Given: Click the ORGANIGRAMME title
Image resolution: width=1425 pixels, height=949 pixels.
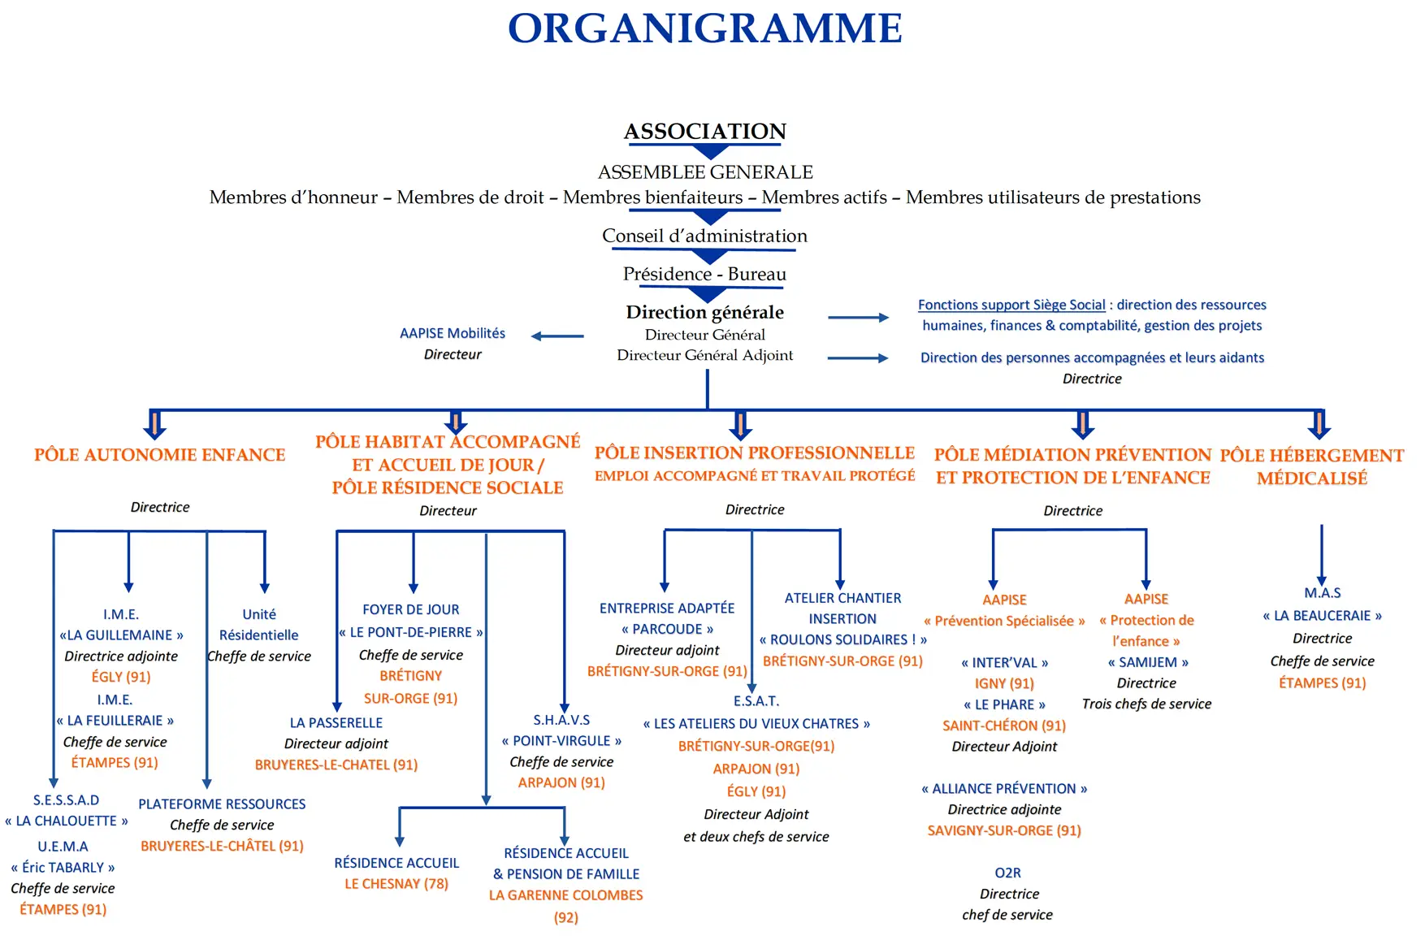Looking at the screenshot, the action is point(705,28).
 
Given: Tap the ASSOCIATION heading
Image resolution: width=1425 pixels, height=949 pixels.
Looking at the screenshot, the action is point(705,131).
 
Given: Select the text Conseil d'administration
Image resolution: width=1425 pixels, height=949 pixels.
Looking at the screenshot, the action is point(704,236).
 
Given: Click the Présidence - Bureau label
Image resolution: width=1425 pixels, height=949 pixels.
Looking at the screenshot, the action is point(704,274).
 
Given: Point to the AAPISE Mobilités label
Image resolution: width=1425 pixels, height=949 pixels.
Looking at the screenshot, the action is point(453,333).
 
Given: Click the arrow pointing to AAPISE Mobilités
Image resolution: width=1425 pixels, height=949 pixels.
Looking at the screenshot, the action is point(557,336).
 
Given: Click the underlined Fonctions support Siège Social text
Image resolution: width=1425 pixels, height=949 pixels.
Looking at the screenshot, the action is point(1011,305).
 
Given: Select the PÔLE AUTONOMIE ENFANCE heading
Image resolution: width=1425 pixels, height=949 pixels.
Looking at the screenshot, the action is point(160,455).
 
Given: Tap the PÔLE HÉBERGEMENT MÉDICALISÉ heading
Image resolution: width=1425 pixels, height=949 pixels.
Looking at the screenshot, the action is point(1312,466).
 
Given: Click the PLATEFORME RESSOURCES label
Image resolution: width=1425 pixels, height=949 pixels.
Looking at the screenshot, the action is point(222,804).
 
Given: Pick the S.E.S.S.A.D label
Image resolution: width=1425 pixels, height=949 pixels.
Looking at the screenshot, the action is point(67,800).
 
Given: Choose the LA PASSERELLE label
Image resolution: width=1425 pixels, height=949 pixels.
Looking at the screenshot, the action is point(336,722).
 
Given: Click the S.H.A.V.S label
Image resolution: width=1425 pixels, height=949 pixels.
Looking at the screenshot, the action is point(561,720).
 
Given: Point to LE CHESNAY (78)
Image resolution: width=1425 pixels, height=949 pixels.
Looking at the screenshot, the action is point(396,883).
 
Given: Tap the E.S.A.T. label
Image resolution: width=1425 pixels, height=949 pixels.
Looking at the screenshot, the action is point(756,700).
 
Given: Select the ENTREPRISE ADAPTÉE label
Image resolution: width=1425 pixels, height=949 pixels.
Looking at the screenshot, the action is point(667,608).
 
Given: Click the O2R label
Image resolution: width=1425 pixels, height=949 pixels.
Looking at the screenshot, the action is point(1007,873).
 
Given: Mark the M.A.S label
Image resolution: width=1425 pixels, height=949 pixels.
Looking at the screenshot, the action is point(1323,593).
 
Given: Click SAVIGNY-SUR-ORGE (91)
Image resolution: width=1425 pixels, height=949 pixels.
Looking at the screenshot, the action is point(1004,830).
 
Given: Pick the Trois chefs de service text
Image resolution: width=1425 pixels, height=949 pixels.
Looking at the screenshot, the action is point(1146,704).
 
